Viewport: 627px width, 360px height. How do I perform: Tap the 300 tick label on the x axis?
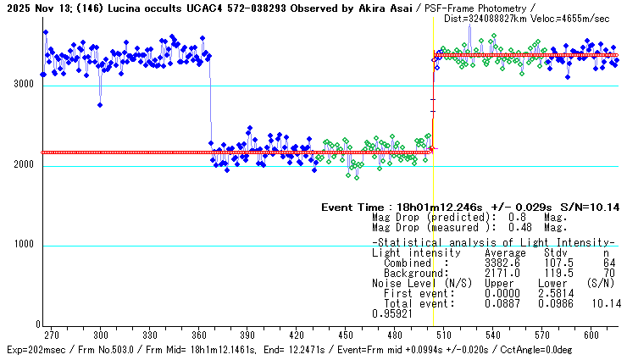100,335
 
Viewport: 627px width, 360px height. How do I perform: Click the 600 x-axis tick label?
591,335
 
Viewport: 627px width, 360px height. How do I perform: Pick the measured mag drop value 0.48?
519,227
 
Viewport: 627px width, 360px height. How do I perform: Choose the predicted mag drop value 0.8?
515,217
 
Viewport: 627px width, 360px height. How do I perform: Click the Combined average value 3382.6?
500,263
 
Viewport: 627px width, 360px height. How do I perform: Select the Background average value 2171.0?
500,273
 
